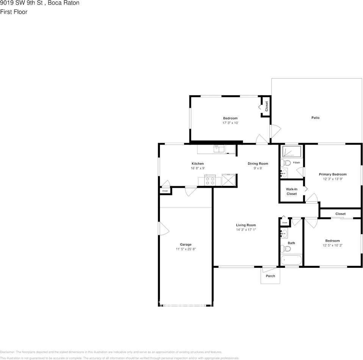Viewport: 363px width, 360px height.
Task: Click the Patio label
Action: [x=315, y=118]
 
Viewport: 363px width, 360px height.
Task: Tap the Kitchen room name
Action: [x=197, y=163]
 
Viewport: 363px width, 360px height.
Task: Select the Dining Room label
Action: [x=258, y=163]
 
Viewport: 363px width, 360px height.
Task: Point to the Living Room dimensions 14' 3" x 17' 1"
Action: [x=246, y=230]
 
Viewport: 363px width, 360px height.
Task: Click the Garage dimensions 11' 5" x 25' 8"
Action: [x=186, y=249]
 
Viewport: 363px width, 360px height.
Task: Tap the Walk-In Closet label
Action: [x=291, y=191]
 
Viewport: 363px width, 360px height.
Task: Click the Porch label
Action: [x=270, y=276]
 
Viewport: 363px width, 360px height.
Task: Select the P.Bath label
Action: [x=296, y=163]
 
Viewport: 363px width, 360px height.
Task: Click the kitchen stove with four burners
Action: [x=210, y=180]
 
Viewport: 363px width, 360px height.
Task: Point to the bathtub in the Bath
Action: [x=291, y=260]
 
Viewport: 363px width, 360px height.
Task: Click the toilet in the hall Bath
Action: [x=285, y=249]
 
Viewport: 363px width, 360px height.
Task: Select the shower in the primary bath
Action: [x=292, y=152]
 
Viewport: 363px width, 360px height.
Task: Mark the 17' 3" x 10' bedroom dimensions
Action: [x=230, y=123]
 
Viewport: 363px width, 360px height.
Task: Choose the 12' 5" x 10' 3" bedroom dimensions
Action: [x=332, y=245]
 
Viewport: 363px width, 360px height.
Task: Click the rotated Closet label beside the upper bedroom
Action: [x=266, y=106]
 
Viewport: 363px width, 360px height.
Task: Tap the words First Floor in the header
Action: [x=14, y=12]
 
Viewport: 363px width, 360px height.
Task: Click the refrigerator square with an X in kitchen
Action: [x=228, y=180]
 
